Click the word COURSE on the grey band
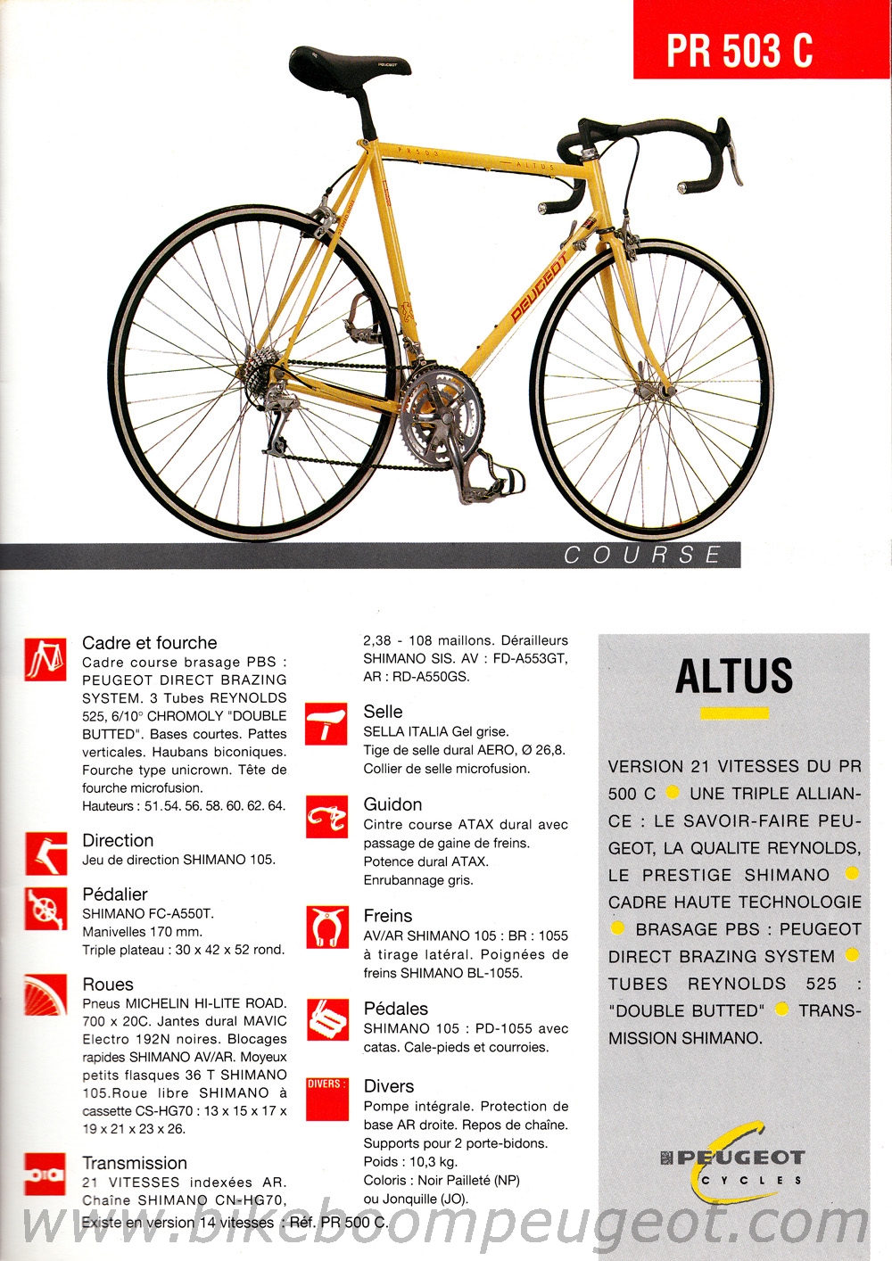click(x=642, y=556)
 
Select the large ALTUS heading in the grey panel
click(x=734, y=676)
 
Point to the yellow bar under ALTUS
click(x=734, y=713)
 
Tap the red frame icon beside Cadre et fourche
click(x=45, y=659)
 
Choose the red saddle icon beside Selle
click(x=326, y=724)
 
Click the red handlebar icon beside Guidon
click(x=326, y=818)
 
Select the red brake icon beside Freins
click(x=326, y=927)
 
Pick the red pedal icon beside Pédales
click(x=326, y=1020)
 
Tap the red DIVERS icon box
click(x=326, y=1099)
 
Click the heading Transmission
click(x=135, y=1163)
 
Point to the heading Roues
click(x=108, y=985)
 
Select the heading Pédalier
click(x=115, y=894)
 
